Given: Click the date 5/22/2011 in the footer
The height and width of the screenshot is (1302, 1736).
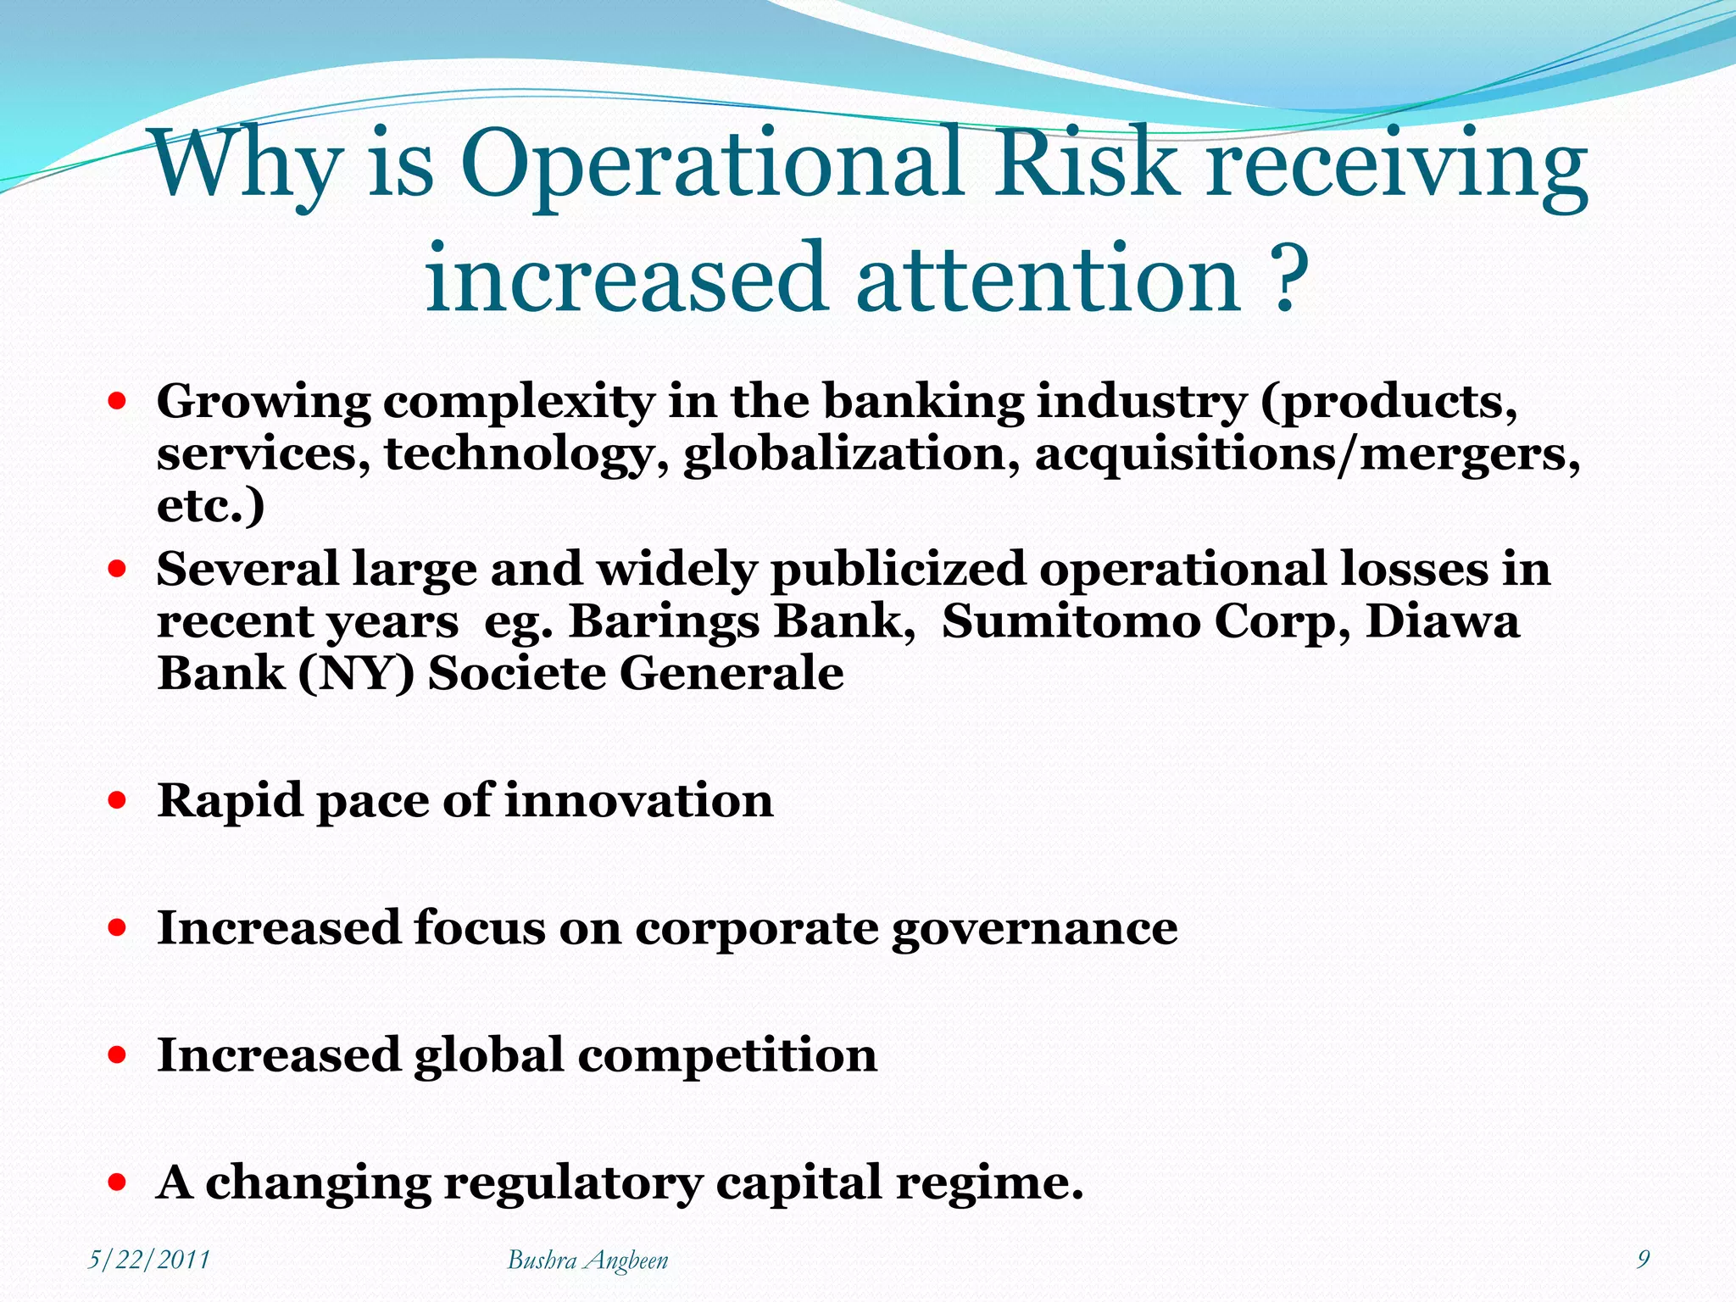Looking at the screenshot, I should click(x=149, y=1260).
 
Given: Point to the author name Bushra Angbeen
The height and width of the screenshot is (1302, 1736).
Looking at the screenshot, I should click(x=587, y=1260).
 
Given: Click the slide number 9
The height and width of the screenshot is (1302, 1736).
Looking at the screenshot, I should click(x=1643, y=1259).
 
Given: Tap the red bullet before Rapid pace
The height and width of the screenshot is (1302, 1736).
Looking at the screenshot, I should click(x=118, y=799).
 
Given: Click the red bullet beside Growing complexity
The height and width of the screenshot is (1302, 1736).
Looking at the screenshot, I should click(x=118, y=400).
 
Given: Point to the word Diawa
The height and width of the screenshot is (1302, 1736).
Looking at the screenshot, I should click(x=1442, y=621).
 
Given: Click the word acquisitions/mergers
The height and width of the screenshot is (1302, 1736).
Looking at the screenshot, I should click(x=1306, y=454).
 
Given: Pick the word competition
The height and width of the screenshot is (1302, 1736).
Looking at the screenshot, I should click(x=727, y=1055).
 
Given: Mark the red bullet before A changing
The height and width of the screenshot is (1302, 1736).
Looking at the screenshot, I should click(x=118, y=1182).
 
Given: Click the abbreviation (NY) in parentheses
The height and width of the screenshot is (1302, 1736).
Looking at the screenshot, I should click(x=356, y=675).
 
